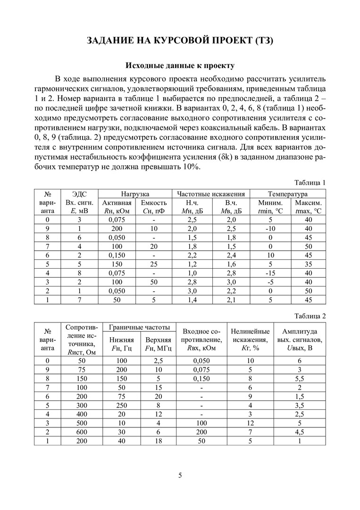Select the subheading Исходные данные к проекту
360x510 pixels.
[x=179, y=65]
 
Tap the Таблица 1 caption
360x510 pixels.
[x=310, y=182]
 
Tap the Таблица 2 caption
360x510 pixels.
[x=310, y=316]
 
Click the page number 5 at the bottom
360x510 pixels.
[x=180, y=475]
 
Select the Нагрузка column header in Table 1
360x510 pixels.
[x=135, y=194]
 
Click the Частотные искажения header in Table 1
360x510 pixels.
[x=211, y=194]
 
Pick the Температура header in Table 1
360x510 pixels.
[x=287, y=194]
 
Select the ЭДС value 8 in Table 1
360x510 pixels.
[x=80, y=273]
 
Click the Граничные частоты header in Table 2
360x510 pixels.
[x=139, y=327]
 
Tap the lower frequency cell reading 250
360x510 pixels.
[x=122, y=405]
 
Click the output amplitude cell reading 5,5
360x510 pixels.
[x=299, y=378]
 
